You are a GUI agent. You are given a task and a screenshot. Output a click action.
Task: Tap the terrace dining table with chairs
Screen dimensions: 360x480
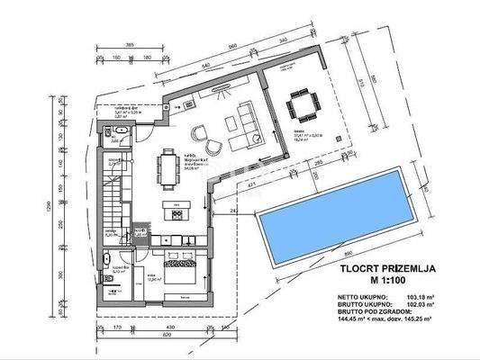tap(302, 106)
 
